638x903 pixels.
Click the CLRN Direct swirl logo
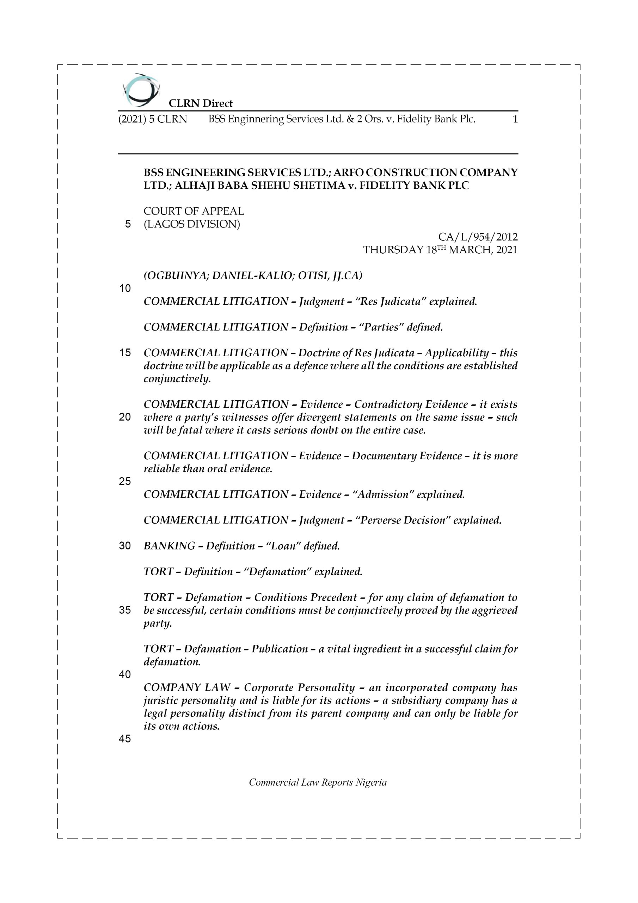coord(141,90)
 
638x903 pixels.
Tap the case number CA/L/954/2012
coord(478,237)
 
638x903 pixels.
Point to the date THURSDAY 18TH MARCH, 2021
coord(440,250)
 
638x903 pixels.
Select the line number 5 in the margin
coord(128,224)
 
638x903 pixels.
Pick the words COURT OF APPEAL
coord(194,211)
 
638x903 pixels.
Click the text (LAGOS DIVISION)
coord(192,224)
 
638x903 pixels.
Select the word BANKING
coord(169,546)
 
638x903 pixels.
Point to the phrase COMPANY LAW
coord(187,687)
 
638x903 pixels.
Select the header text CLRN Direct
coord(201,103)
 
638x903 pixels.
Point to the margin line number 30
coord(125,546)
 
